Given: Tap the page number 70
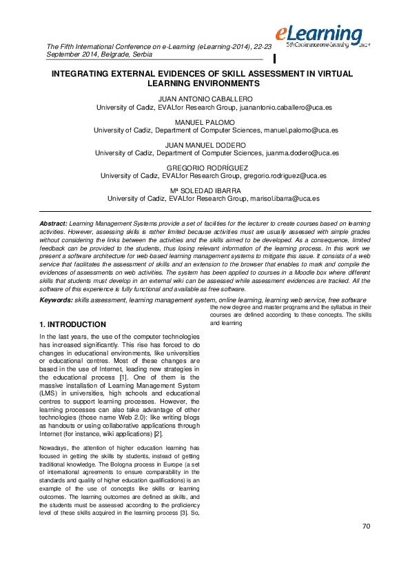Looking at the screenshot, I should pyautogui.click(x=366, y=526).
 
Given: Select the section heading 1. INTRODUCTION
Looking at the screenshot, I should pyautogui.click(x=72, y=324).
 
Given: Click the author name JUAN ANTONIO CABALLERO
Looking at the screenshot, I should pyautogui.click(x=206, y=99).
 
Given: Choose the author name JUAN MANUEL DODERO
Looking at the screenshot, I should pyautogui.click(x=206, y=145).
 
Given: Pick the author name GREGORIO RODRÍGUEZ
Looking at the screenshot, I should pyautogui.click(x=206, y=168).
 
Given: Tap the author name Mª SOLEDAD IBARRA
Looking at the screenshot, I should pyautogui.click(x=206, y=190).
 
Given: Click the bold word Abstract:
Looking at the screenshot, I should pyautogui.click(x=53, y=224).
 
